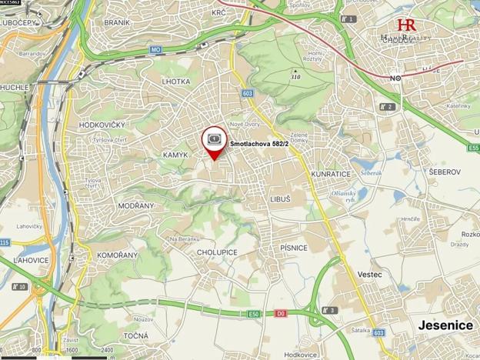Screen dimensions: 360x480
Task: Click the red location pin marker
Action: pos(214,142)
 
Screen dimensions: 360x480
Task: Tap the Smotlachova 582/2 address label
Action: pos(259,143)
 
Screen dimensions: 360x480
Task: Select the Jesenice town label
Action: pos(445,325)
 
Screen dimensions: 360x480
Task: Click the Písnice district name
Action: pos(293,248)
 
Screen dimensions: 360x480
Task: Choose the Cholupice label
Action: pos(217,252)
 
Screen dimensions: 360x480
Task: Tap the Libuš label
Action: pos(280,198)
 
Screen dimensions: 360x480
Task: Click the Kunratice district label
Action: pos(331,175)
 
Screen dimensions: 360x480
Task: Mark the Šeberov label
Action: pos(445,172)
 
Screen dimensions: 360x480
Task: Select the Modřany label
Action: pos(136,206)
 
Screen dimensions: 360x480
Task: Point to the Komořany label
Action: pos(117,255)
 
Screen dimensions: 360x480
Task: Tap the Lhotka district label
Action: pos(176,81)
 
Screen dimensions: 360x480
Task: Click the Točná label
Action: pos(135,337)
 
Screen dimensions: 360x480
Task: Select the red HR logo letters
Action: pos(406,25)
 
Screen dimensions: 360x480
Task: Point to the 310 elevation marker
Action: pos(295,77)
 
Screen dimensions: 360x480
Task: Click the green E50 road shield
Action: pos(254,314)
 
